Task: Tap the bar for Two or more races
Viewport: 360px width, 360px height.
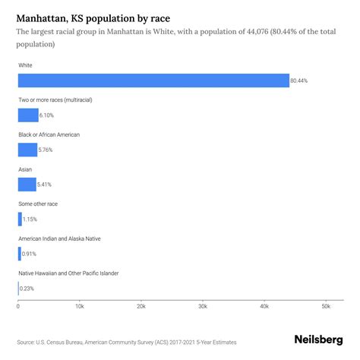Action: pyautogui.click(x=28, y=115)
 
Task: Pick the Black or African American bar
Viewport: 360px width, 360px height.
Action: pyautogui.click(x=27, y=150)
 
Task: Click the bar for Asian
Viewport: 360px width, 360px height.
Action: pyautogui.click(x=27, y=185)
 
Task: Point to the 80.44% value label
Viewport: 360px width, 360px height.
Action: pyautogui.click(x=300, y=81)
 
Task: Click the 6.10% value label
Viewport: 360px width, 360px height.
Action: pyautogui.click(x=49, y=115)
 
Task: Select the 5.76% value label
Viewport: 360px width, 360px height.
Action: pyautogui.click(x=48, y=150)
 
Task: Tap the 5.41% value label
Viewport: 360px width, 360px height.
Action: pyautogui.click(x=47, y=185)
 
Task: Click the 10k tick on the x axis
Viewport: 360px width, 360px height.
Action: pyautogui.click(x=80, y=306)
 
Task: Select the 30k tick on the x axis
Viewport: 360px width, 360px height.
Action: pyautogui.click(x=203, y=306)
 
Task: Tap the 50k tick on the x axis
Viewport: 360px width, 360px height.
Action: pyautogui.click(x=325, y=306)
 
